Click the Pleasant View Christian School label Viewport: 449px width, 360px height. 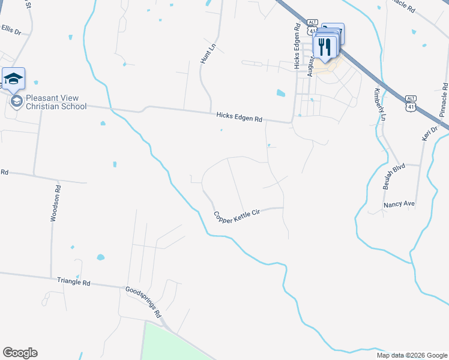56,102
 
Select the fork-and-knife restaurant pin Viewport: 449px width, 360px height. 325,46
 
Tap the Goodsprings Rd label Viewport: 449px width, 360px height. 144,302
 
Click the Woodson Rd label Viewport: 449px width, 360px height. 55,204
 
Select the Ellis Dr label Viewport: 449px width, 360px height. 11,28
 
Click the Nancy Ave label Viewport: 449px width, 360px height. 399,204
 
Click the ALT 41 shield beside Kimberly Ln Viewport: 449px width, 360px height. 411,103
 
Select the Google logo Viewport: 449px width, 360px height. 20,353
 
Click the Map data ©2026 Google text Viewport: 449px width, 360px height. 411,355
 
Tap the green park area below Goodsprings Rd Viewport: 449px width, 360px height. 174,345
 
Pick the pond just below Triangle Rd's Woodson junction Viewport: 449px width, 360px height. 100,257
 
